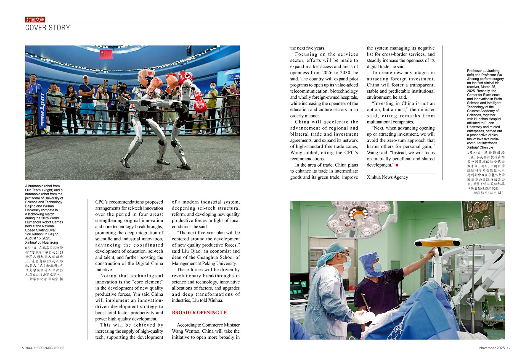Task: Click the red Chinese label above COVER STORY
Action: (35, 20)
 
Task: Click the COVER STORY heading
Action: (47, 28)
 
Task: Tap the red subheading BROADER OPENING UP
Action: (199, 312)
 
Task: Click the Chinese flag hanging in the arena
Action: (106, 54)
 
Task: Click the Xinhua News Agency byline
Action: (387, 177)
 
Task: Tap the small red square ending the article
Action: (397, 165)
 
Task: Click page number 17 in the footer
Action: (508, 348)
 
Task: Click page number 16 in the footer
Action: (22, 348)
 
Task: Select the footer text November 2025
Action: (492, 348)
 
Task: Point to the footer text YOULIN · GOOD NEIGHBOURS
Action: (45, 348)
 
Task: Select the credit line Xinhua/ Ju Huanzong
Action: (41, 243)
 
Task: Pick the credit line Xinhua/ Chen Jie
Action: (480, 148)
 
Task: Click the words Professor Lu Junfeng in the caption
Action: (483, 71)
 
